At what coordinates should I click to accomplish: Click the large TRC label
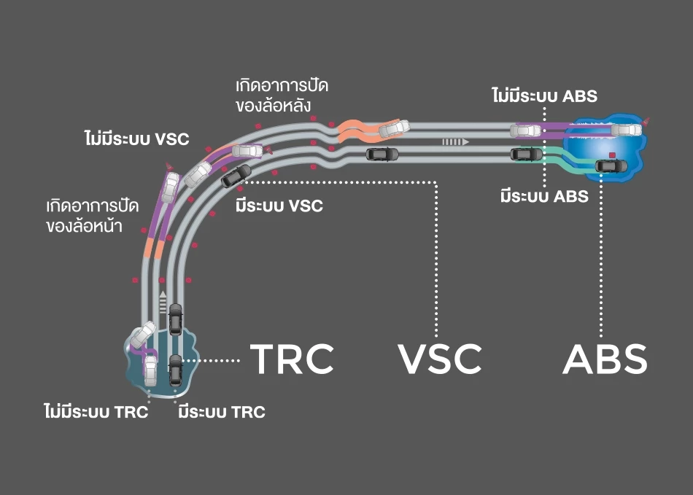pyautogui.click(x=292, y=358)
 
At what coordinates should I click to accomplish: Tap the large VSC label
pyautogui.click(x=440, y=358)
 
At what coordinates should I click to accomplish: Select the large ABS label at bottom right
pyautogui.click(x=605, y=358)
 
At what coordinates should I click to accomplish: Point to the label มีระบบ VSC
pyautogui.click(x=279, y=206)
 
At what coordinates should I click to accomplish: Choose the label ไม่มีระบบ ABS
pyautogui.click(x=544, y=96)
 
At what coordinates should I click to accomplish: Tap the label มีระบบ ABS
pyautogui.click(x=544, y=195)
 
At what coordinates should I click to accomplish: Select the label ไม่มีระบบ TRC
pyautogui.click(x=96, y=412)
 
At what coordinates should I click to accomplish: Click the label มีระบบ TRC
pyautogui.click(x=222, y=412)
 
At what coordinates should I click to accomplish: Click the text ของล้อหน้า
pyautogui.click(x=83, y=226)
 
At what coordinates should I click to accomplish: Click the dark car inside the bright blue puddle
pyautogui.click(x=611, y=165)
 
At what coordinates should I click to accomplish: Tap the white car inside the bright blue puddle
pyautogui.click(x=625, y=130)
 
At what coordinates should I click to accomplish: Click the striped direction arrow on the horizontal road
pyautogui.click(x=453, y=142)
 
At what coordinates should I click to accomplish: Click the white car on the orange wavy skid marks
pyautogui.click(x=392, y=128)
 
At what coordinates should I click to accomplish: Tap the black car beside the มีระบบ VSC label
pyautogui.click(x=236, y=175)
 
